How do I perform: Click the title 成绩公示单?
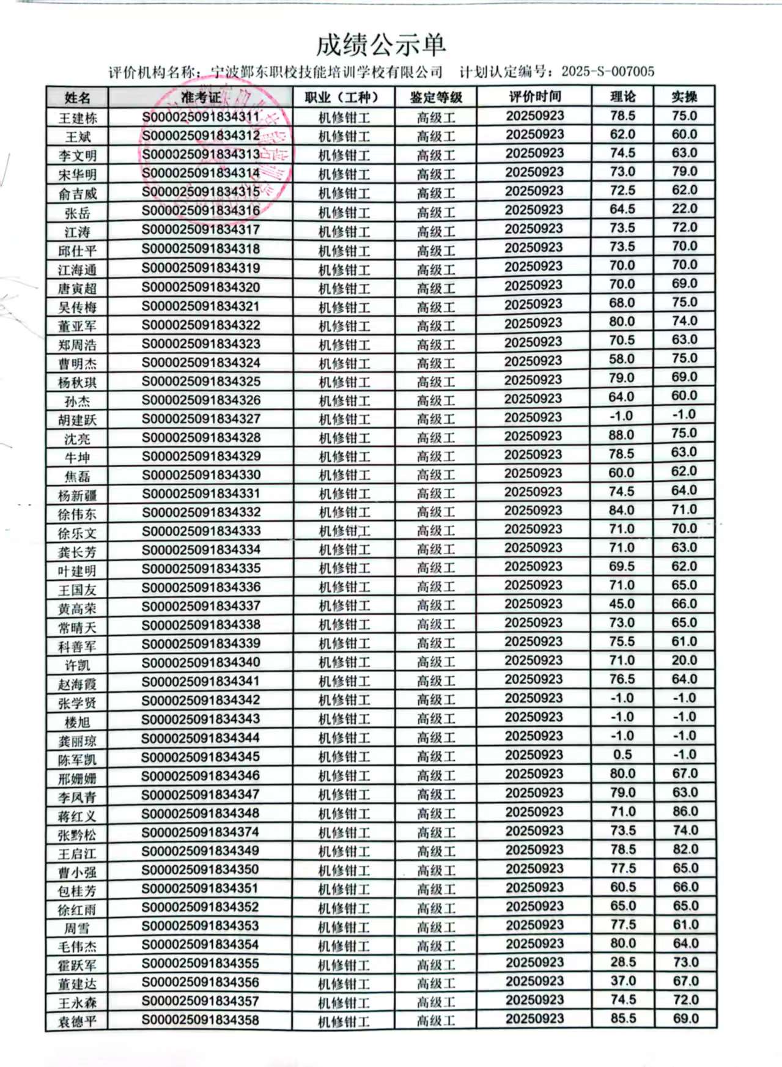point(381,44)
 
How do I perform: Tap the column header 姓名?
point(78,98)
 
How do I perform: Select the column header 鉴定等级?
point(436,97)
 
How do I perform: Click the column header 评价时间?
point(534,97)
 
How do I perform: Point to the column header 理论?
point(622,97)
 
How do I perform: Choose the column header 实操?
point(684,97)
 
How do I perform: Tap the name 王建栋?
point(78,117)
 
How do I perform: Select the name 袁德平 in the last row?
point(77,1022)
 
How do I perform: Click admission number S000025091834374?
point(201,832)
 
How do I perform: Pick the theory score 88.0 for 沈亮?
point(621,435)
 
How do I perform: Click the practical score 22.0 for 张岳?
point(684,209)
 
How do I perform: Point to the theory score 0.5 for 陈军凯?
point(622,755)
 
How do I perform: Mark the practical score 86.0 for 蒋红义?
point(685,811)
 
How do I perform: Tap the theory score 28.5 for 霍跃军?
point(623,962)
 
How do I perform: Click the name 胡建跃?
point(78,420)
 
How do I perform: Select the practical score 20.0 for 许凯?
point(684,660)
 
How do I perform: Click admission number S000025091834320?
point(201,287)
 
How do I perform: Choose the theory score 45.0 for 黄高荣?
point(622,604)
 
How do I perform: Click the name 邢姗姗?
point(78,778)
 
